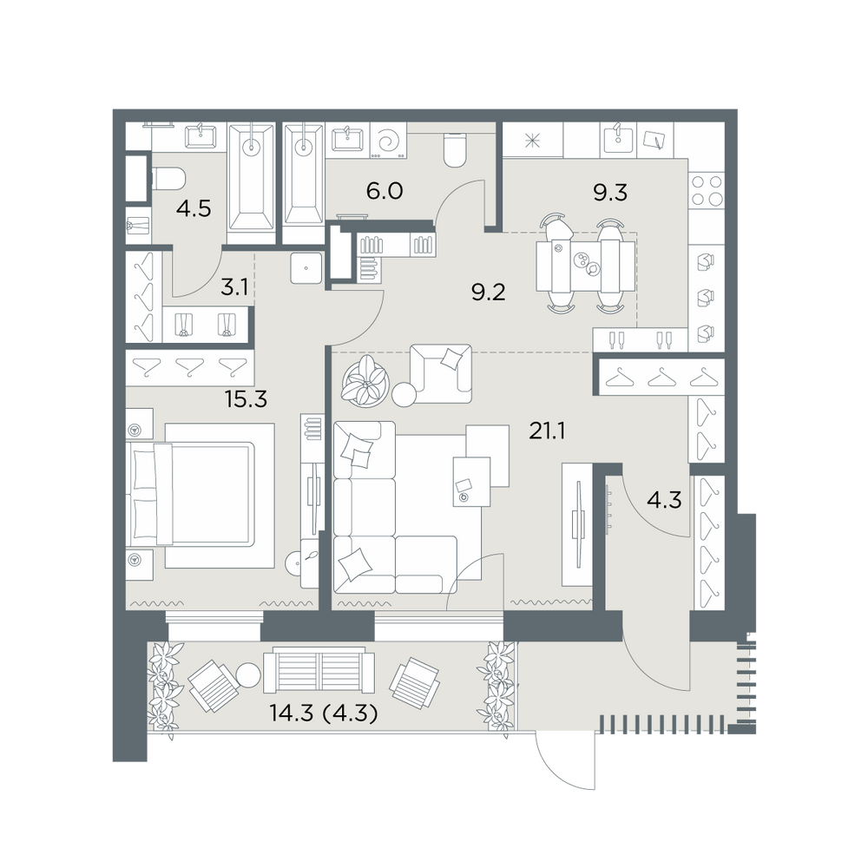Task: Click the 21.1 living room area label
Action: [547, 431]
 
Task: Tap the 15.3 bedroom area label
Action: [246, 398]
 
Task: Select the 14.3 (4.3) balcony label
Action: [324, 713]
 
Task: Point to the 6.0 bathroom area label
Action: [385, 192]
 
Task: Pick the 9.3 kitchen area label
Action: [610, 193]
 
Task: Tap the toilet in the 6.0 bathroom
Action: [456, 149]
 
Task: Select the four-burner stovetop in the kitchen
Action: [707, 191]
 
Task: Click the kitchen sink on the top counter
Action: [618, 137]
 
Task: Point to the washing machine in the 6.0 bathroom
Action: [387, 141]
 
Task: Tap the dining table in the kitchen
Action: [586, 266]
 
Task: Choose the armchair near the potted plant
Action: [441, 373]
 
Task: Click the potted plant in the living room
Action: [366, 381]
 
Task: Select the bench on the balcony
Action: [319, 672]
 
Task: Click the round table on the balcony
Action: [248, 675]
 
